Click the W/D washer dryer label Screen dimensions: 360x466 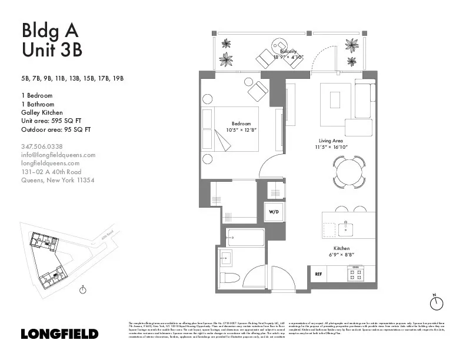coord(274,211)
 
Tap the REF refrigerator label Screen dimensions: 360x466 coord(318,274)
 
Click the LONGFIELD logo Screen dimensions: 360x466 coord(59,334)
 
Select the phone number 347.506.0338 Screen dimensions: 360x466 coord(42,146)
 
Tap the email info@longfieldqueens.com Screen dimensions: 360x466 coord(58,155)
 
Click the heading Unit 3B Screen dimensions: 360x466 coord(51,50)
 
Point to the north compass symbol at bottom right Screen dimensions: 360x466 coord(436,302)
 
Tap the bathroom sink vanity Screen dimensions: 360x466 coord(226,256)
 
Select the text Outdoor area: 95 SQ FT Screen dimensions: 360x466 coord(56,129)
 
